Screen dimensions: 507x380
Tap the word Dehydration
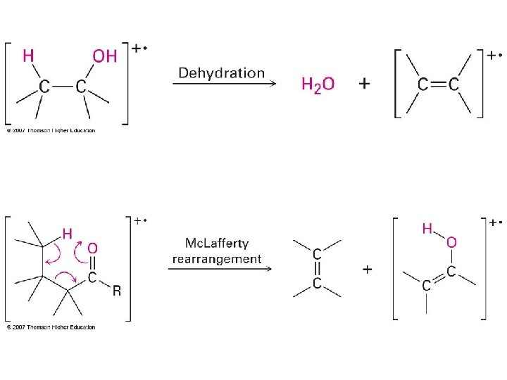pos(222,72)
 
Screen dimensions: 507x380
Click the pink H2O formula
pos(318,84)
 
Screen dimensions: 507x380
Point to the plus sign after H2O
pos(365,84)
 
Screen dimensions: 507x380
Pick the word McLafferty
pos(216,244)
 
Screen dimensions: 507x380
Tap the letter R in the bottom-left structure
pos(117,291)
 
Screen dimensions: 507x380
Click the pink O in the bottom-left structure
pos(92,248)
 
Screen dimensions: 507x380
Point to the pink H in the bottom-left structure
pos(68,233)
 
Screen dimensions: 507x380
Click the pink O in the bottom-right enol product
pos(451,243)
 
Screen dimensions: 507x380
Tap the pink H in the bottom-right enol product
pos(427,229)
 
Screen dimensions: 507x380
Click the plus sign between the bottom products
pos(367,270)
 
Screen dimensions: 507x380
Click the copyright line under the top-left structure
pos(51,130)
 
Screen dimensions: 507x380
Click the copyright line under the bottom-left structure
pos(51,327)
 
